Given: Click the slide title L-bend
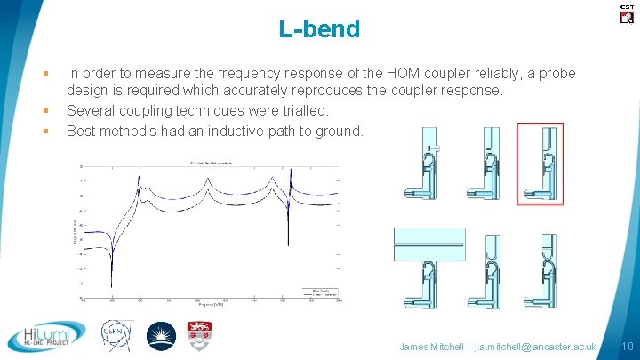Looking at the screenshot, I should [x=319, y=29].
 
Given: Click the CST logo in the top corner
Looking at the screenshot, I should [x=627, y=12].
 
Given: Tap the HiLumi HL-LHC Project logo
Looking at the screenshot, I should [x=47, y=336].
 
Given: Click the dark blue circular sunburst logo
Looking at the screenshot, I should [x=161, y=336].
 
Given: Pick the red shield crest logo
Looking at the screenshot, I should [x=198, y=335].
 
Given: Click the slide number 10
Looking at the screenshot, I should [x=626, y=345].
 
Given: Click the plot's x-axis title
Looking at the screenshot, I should [x=210, y=305].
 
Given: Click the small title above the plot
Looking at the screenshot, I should [x=210, y=163].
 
